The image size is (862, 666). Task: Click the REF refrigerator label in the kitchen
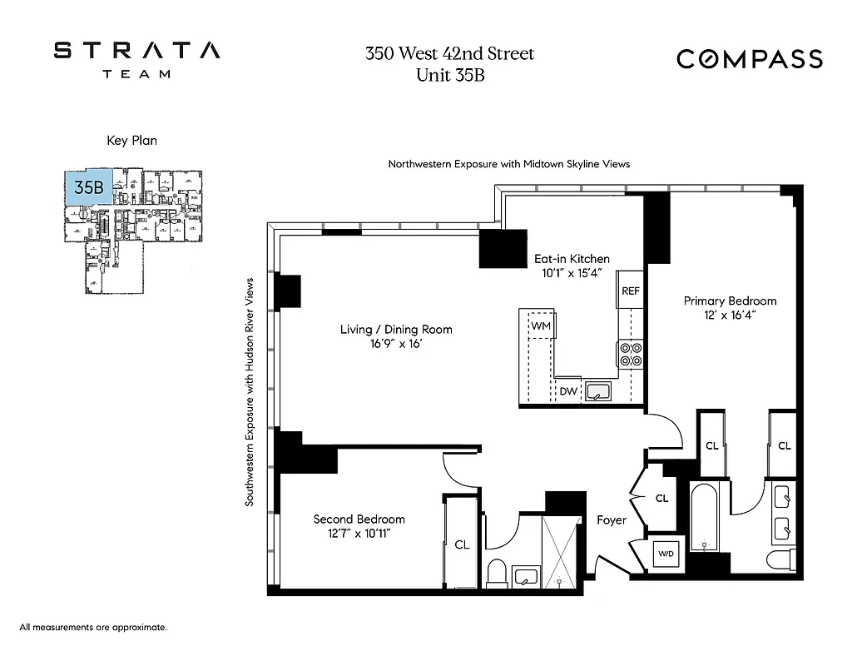tap(630, 291)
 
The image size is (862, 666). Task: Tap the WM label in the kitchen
tap(542, 325)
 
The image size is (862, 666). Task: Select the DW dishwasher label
tap(568, 390)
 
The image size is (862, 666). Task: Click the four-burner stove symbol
tap(630, 355)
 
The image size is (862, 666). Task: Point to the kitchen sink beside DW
tap(597, 390)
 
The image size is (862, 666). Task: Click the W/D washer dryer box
tap(666, 553)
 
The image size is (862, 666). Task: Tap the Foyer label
tap(611, 520)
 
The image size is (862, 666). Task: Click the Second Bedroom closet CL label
tap(461, 544)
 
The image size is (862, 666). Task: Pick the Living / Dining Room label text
tap(396, 330)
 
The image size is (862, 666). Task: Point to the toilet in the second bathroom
tap(497, 573)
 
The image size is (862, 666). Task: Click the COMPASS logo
tap(749, 59)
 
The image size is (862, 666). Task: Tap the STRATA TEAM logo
tap(137, 59)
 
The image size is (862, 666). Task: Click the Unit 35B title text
tap(449, 75)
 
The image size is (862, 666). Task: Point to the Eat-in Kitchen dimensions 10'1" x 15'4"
tap(572, 274)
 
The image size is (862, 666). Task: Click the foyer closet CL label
tap(661, 499)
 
